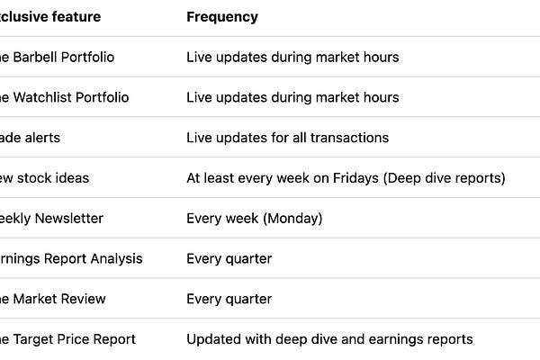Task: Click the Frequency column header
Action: coord(221,17)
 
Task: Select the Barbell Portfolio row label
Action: coord(56,57)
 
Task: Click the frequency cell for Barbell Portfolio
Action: coord(292,57)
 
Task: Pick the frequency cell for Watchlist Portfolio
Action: coord(292,97)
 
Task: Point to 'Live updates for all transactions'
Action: coord(287,138)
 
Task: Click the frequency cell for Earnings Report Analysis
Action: coord(229,258)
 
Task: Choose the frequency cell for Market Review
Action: coord(229,299)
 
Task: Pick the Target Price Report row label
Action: coord(67,339)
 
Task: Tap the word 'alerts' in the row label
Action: coord(41,138)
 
